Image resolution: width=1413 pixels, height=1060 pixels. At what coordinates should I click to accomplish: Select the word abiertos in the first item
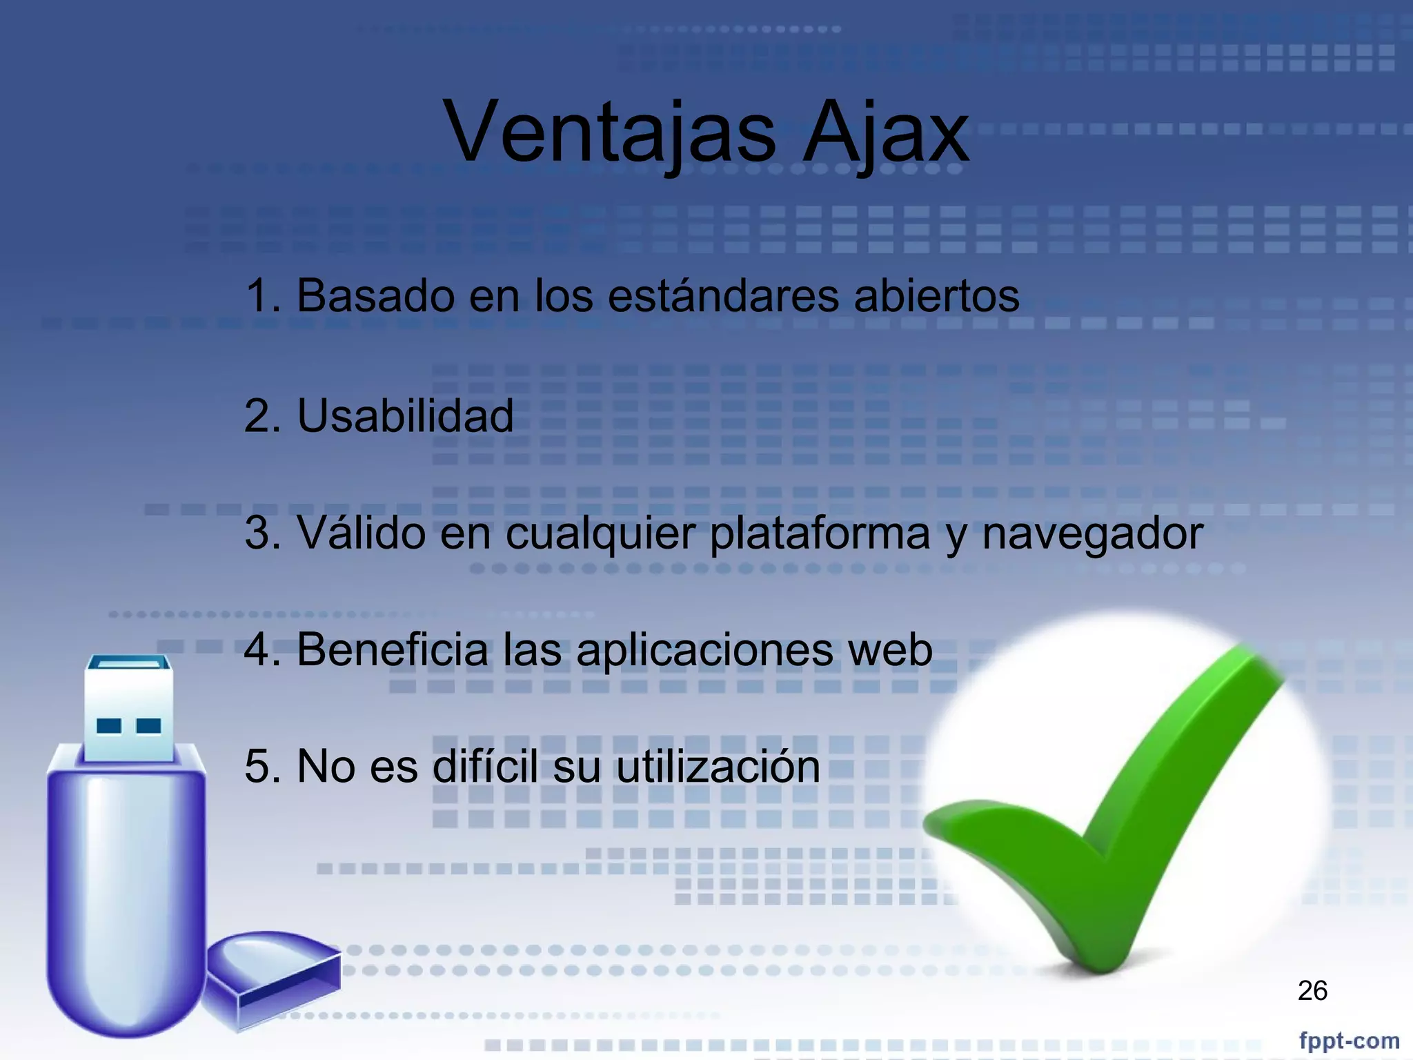click(x=936, y=296)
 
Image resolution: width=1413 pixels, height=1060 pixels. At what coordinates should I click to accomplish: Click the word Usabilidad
click(x=405, y=416)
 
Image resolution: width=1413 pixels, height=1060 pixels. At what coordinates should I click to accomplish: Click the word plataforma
click(x=820, y=533)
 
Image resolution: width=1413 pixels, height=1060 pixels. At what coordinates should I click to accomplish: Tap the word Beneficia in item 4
click(x=393, y=649)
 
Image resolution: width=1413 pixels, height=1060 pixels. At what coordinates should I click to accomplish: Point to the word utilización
click(x=718, y=766)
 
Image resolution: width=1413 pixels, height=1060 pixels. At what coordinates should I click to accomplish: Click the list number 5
click(x=257, y=766)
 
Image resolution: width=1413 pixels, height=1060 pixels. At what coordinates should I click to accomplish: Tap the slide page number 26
click(x=1312, y=990)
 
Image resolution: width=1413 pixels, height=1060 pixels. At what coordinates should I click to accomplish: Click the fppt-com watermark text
click(x=1349, y=1040)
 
